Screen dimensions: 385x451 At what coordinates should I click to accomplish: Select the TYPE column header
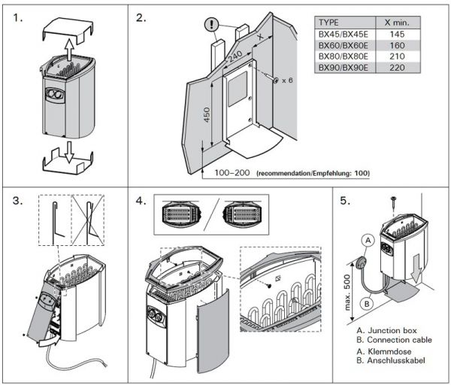point(335,24)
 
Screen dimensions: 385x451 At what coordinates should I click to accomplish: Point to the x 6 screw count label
point(286,80)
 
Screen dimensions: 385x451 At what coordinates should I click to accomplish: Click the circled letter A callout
point(367,240)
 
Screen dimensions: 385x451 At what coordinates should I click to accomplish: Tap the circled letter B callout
point(367,304)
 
